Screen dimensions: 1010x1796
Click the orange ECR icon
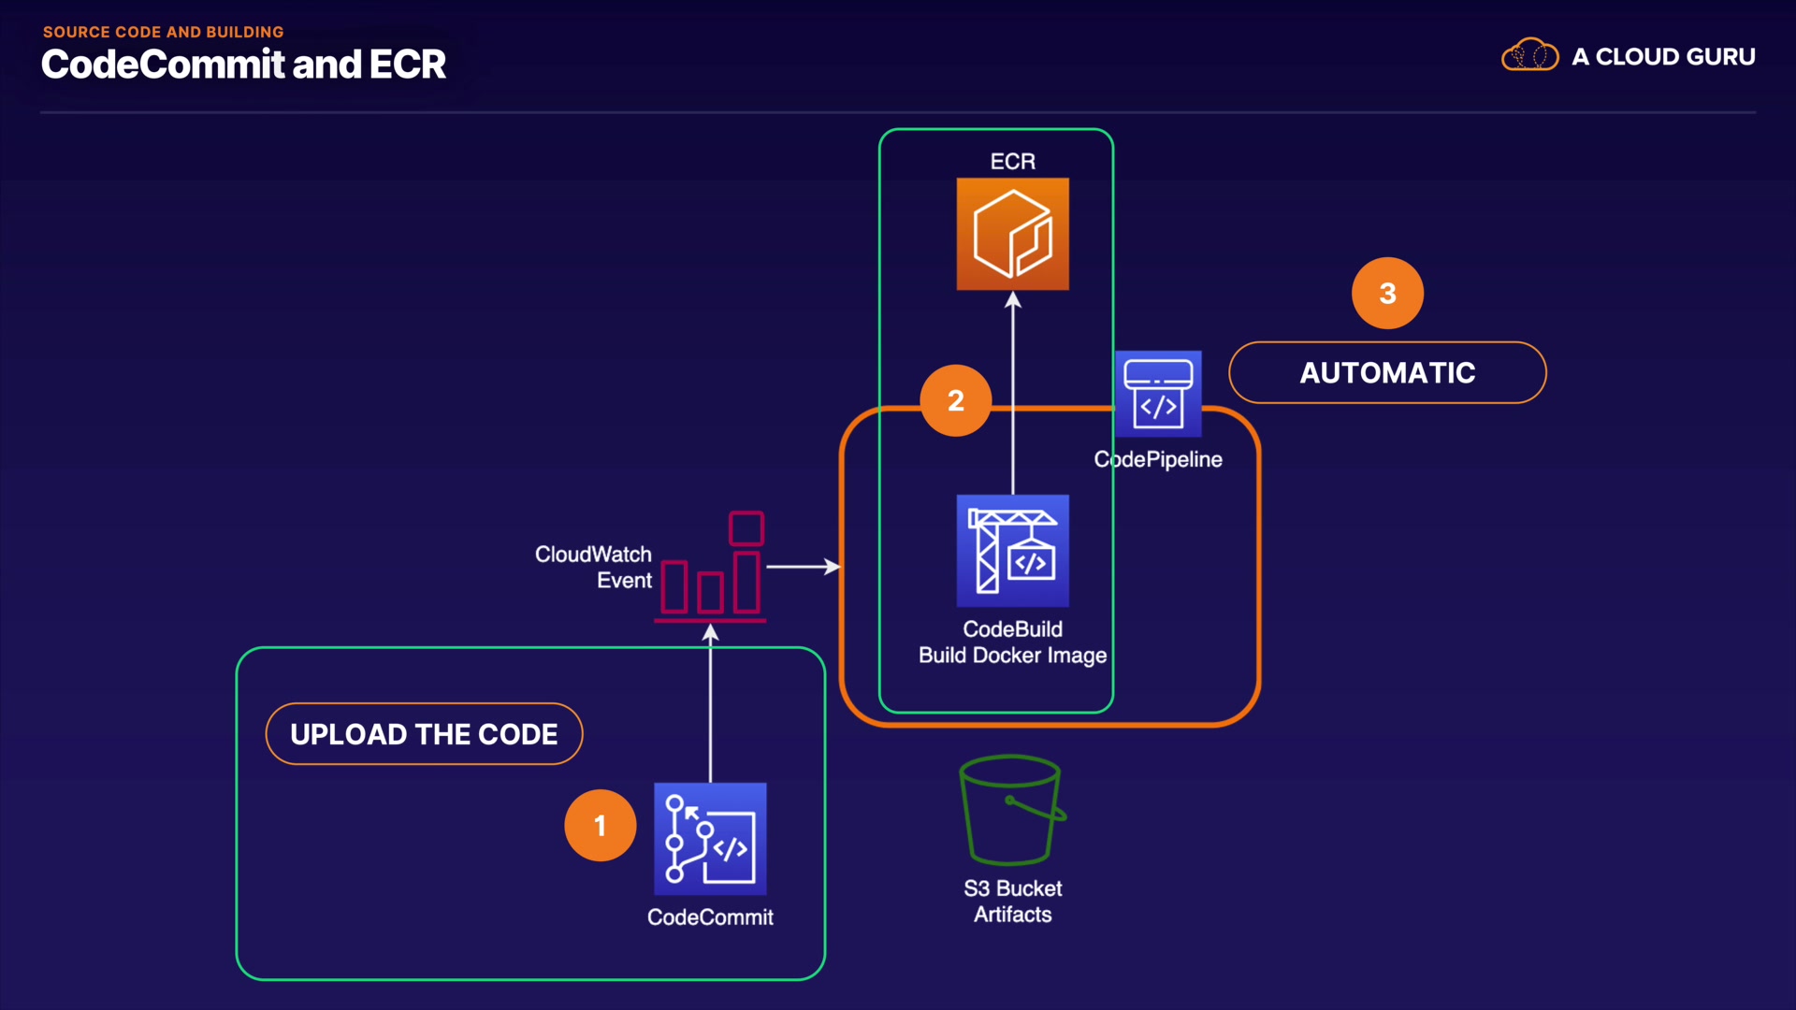coord(1012,234)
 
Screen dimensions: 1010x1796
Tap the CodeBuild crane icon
coord(1012,551)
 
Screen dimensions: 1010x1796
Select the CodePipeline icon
coord(1158,394)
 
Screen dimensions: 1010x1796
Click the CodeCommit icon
coord(710,839)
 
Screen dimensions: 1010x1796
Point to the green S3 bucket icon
coord(1012,810)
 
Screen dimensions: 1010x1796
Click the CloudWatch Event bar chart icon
coord(712,568)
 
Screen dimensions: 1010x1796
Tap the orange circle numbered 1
coord(601,825)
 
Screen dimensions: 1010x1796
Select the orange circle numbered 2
coord(955,400)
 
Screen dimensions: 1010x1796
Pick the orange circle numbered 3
coord(1387,293)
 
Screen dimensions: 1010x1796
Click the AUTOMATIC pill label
coord(1387,372)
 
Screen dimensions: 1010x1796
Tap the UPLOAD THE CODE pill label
coord(424,734)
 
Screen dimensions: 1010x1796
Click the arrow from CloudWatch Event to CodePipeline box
coord(803,567)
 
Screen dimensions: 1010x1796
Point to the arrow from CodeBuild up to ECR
coord(1013,393)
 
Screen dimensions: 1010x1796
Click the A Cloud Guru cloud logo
coord(1529,56)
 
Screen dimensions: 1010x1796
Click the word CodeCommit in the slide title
coord(163,65)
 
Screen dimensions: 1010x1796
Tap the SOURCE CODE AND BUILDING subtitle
coord(163,32)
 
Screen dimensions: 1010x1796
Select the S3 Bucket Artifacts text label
coord(1013,902)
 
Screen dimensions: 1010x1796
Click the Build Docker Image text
coord(1012,656)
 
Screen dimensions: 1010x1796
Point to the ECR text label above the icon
coord(1013,162)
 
